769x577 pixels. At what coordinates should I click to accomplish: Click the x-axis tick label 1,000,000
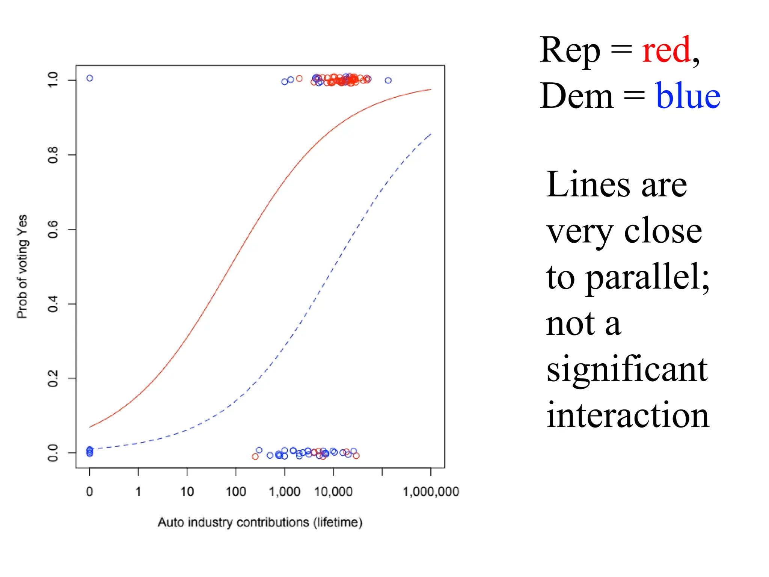(x=431, y=491)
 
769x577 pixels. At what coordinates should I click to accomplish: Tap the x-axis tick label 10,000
(x=333, y=491)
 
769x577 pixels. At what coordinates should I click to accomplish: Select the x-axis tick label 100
(x=236, y=491)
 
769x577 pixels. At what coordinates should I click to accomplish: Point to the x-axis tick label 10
(x=187, y=491)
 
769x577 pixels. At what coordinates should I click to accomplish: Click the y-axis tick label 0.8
(x=53, y=155)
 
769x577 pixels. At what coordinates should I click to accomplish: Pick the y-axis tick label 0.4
(x=53, y=304)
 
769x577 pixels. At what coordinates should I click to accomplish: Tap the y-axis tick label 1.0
(x=53, y=80)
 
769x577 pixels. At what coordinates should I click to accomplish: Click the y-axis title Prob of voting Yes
(x=22, y=267)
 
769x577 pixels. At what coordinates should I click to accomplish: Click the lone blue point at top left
(x=90, y=78)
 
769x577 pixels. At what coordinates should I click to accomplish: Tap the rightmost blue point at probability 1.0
(x=388, y=80)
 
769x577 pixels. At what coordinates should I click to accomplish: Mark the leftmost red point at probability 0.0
(x=255, y=456)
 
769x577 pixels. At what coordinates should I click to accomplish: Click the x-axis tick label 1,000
(x=284, y=491)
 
